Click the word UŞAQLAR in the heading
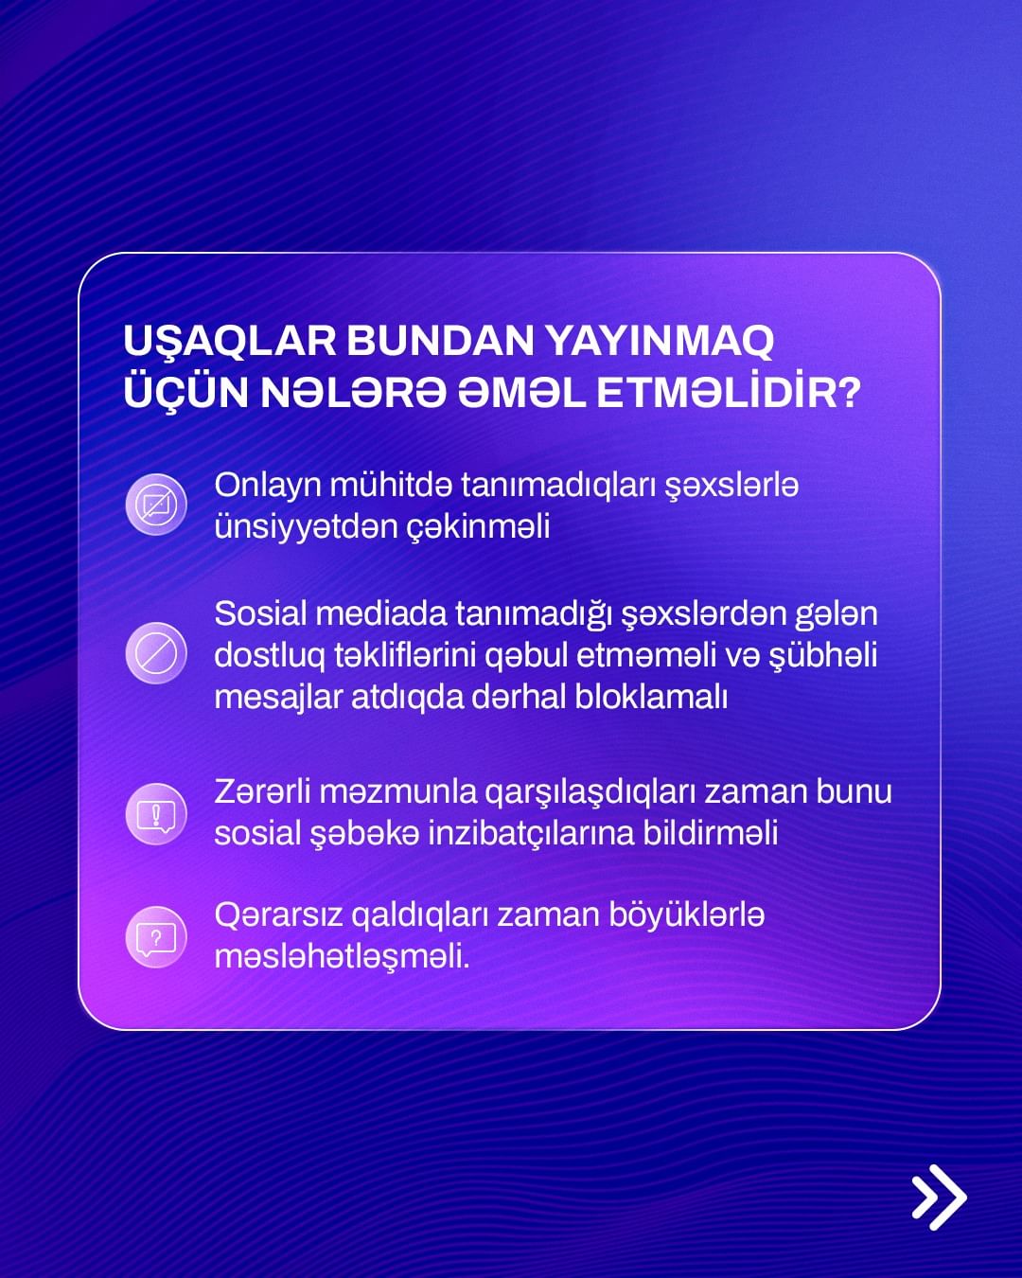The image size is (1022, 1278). pos(229,342)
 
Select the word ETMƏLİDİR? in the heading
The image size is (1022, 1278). pos(729,392)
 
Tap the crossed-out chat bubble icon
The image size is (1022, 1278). pos(156,505)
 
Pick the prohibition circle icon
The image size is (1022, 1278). pos(156,653)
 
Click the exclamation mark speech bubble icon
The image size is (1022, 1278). pos(156,814)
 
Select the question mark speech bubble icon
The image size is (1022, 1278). pos(156,938)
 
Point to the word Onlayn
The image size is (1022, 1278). pos(267,487)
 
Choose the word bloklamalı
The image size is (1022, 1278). pos(651,697)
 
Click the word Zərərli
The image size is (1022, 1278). pos(262,792)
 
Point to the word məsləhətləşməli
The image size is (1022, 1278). pos(342,958)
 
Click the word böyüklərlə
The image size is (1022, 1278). pos(687,915)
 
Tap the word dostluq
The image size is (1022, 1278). pos(270,656)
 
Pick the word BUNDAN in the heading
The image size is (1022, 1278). pos(440,342)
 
